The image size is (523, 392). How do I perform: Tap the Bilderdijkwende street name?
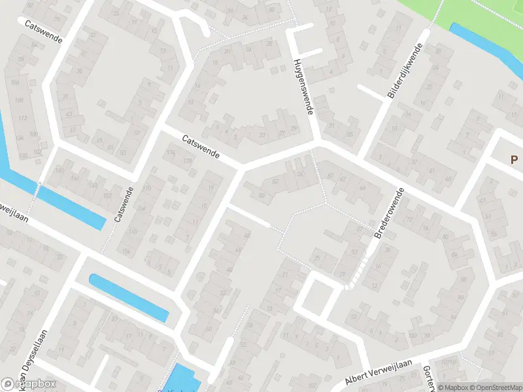(x=406, y=71)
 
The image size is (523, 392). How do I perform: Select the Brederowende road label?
(x=390, y=213)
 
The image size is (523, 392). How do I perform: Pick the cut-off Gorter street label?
(x=429, y=377)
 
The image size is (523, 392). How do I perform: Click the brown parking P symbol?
(x=515, y=159)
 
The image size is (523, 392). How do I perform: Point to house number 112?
(x=24, y=118)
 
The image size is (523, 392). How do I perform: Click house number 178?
(x=188, y=161)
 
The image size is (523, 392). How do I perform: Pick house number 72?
(x=410, y=220)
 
